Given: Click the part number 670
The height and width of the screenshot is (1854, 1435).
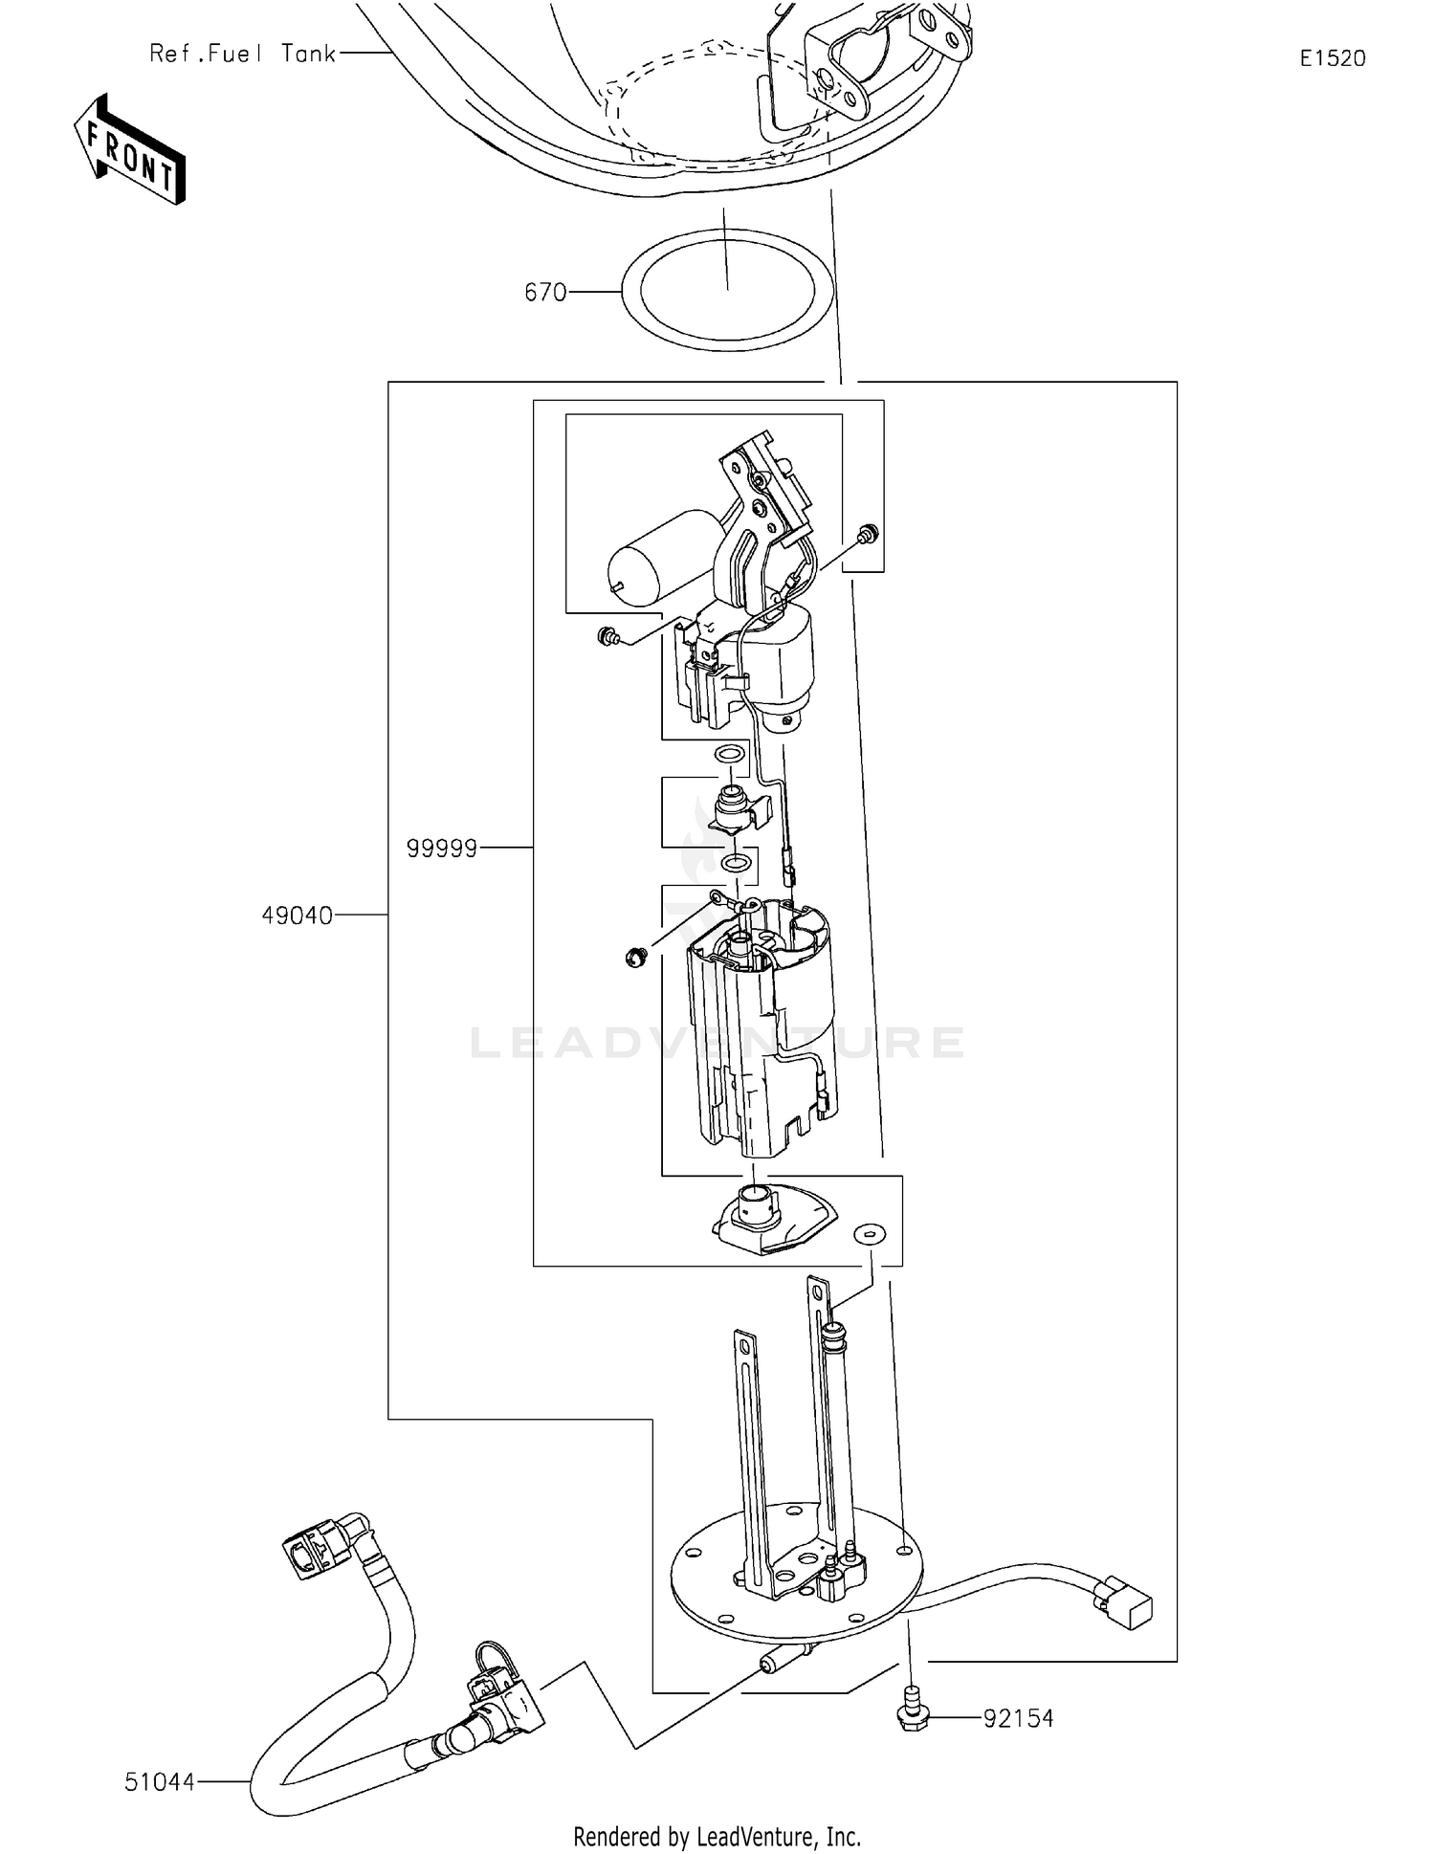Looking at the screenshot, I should point(545,293).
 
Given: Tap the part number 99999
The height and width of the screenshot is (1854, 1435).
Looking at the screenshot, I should point(441,849).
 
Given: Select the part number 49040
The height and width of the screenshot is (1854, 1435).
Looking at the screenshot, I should point(297,916).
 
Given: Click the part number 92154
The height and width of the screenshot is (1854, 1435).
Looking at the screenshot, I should point(1018,1718).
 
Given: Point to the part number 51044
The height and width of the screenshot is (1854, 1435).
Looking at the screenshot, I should point(159,1782).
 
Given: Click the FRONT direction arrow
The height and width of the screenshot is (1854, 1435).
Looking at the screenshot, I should point(130,150).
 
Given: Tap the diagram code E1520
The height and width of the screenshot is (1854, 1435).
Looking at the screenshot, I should point(1332,58).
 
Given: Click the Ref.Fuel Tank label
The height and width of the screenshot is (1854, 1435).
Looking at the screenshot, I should point(242,54).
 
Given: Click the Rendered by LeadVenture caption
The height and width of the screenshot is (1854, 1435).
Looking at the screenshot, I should point(717,1837).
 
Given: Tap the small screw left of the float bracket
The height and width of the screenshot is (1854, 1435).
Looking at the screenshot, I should point(606,634).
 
